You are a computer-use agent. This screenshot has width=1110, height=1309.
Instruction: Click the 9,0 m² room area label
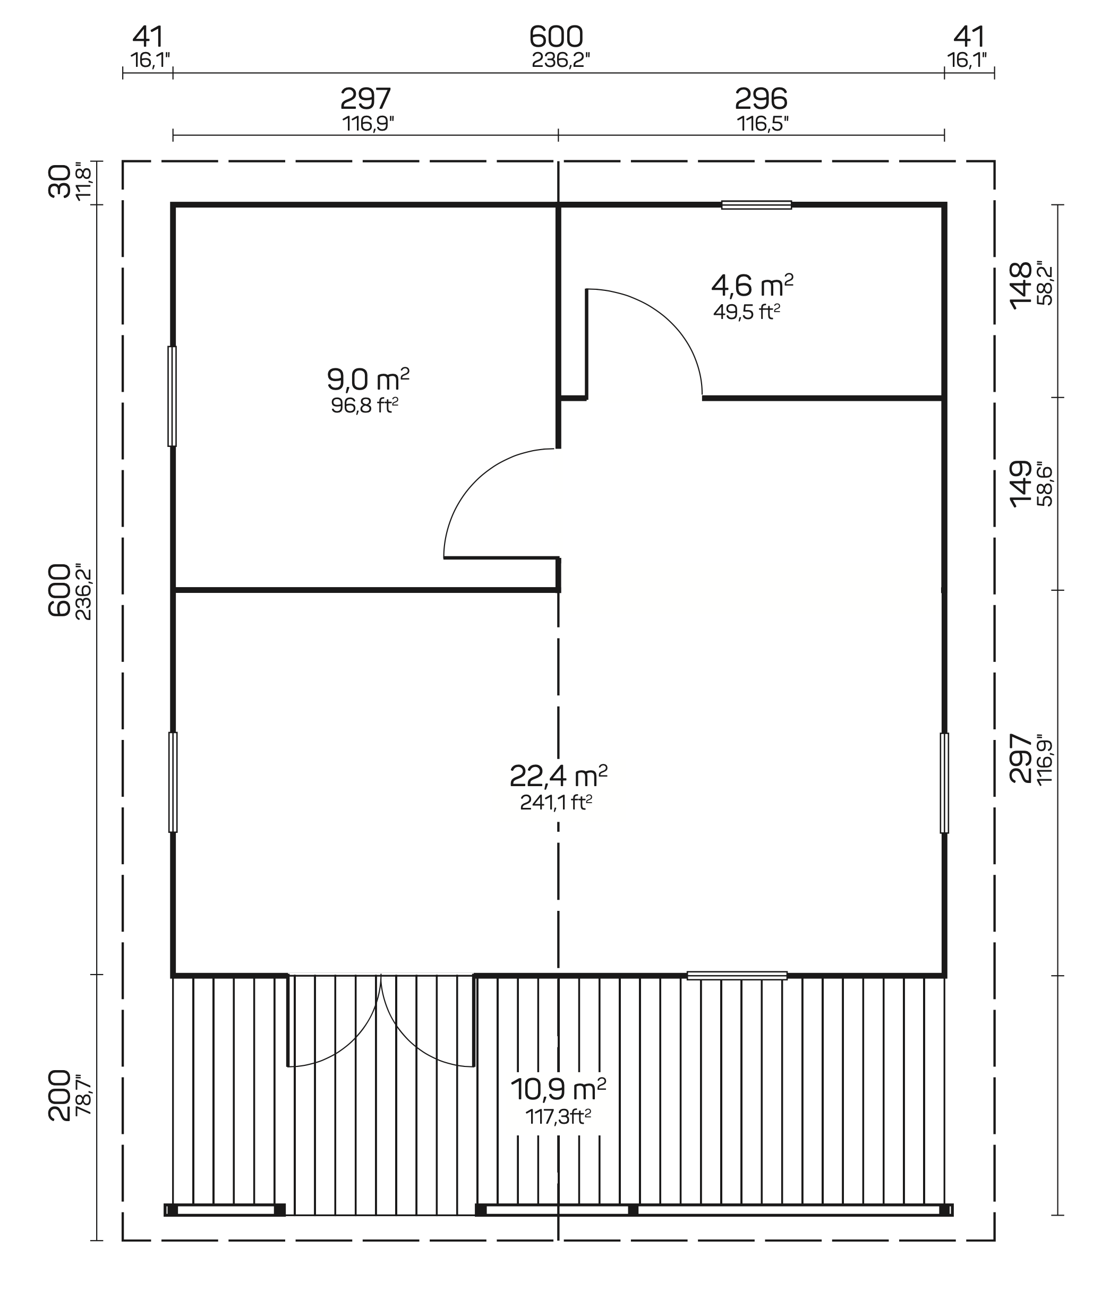pyautogui.click(x=368, y=380)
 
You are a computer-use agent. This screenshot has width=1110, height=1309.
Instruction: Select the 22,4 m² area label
pyautogui.click(x=558, y=776)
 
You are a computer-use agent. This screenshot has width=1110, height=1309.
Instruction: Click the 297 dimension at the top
pyautogui.click(x=365, y=99)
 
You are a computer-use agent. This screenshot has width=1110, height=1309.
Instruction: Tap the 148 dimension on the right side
pyautogui.click(x=1021, y=285)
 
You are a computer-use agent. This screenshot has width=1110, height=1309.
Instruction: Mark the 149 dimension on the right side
pyautogui.click(x=1021, y=484)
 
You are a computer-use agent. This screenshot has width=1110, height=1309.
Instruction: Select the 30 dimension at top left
pyautogui.click(x=60, y=181)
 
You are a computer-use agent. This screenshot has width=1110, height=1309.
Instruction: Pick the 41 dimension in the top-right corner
pyautogui.click(x=969, y=37)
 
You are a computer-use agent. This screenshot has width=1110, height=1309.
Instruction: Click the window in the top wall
pyautogui.click(x=756, y=204)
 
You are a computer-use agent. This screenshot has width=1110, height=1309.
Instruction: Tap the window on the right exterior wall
pyautogui.click(x=944, y=783)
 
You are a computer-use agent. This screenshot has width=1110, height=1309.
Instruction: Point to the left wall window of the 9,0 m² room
pyautogui.click(x=172, y=397)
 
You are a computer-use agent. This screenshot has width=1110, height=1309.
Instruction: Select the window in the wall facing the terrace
pyautogui.click(x=737, y=976)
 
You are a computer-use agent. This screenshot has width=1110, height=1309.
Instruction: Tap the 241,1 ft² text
pyautogui.click(x=556, y=802)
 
